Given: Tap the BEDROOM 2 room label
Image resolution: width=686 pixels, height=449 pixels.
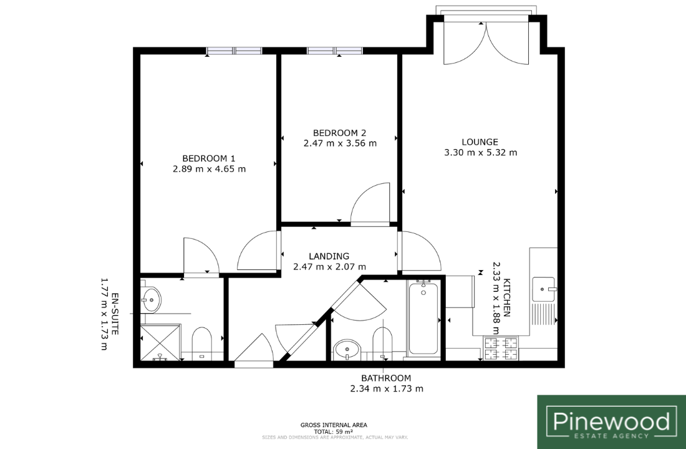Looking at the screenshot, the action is [x=339, y=133].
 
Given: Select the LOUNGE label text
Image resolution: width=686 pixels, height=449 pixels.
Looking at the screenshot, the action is [x=480, y=142].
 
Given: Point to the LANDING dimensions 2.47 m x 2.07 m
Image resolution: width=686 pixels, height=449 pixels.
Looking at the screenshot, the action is [x=329, y=266].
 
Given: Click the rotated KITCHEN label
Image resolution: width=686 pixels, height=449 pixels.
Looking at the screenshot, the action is [x=507, y=297].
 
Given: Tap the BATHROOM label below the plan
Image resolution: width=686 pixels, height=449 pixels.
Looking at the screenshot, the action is [x=386, y=378].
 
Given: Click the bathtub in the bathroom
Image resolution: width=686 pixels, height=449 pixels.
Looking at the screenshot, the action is [x=423, y=317].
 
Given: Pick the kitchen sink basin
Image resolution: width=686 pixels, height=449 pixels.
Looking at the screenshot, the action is [x=544, y=289].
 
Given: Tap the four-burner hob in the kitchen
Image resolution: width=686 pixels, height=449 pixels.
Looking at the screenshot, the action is [x=501, y=349].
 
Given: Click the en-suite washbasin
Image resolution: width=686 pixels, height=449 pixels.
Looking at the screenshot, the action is [x=151, y=300].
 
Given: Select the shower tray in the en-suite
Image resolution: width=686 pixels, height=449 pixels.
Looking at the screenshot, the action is [x=160, y=342].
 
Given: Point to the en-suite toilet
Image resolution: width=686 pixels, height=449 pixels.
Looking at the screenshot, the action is [x=201, y=344].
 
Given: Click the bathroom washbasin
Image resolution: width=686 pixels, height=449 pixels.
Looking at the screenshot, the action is [x=347, y=349].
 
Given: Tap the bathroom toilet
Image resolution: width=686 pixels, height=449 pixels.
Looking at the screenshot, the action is [x=382, y=344].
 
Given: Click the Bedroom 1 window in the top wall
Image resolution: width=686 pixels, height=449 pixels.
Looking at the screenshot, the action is [x=234, y=51].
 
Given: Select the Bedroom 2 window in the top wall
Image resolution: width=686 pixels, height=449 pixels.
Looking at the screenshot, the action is [x=335, y=51].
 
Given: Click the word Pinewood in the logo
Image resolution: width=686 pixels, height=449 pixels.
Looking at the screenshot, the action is [x=611, y=421].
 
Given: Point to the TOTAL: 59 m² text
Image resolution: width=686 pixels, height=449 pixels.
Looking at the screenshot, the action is [x=334, y=431].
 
